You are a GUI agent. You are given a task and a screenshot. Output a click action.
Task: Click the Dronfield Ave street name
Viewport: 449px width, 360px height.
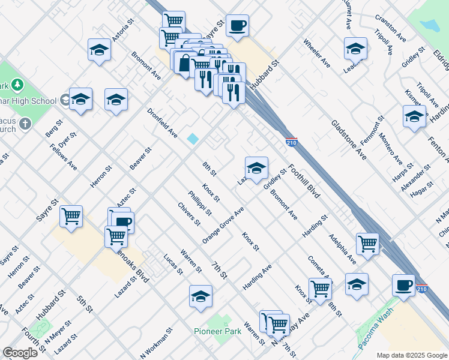pos(163,123)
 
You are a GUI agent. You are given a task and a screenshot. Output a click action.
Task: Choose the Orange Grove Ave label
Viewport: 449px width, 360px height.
pos(223,226)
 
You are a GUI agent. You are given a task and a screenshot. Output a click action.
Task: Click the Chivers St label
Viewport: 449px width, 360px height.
pos(188,214)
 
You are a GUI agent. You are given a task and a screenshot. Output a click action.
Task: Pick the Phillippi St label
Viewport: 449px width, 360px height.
pos(200,203)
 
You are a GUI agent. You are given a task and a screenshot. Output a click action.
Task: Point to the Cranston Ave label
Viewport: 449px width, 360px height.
pos(390,28)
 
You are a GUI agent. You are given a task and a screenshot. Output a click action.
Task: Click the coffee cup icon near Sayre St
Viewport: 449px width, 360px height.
pos(238,25)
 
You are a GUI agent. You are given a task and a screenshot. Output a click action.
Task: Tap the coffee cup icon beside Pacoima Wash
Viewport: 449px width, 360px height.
pos(403,284)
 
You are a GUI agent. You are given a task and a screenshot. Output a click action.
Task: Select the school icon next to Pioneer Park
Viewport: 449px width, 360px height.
pos(200,295)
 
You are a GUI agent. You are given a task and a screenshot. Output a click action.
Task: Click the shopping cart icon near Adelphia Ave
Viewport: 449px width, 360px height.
pos(367,243)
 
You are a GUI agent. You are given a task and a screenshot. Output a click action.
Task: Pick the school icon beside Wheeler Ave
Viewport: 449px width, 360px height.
pos(355,47)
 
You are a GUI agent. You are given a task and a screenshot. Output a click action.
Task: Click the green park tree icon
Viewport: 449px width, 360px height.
pos(17,85)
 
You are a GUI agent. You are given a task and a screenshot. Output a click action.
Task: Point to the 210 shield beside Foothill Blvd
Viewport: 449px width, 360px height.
pos(292,142)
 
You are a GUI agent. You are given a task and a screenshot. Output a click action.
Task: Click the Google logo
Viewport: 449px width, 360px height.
pos(20,353)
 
